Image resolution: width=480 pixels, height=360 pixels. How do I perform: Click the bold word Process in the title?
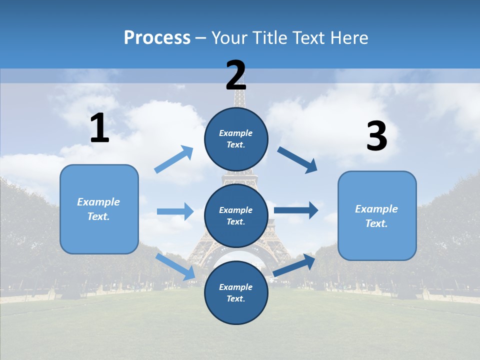(157, 37)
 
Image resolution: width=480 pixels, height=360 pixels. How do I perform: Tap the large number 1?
(99, 128)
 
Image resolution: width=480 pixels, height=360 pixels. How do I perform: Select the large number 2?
(236, 75)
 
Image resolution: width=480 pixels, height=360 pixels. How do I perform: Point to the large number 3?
(376, 136)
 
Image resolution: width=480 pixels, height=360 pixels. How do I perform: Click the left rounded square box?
(99, 209)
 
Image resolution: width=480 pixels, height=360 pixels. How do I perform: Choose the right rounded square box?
(377, 215)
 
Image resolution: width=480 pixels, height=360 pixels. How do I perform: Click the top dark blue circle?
(236, 139)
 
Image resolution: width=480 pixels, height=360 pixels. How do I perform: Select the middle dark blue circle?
(236, 215)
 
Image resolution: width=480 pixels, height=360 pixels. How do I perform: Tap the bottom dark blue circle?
(236, 292)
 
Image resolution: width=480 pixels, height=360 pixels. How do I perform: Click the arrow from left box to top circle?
(174, 159)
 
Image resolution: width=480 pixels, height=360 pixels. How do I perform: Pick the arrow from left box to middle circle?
(175, 211)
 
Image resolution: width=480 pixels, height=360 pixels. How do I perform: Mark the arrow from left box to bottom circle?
(175, 266)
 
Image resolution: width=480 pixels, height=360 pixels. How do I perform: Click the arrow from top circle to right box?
(297, 159)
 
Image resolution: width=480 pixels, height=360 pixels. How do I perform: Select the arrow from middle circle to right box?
(295, 210)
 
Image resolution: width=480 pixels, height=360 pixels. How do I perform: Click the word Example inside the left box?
(98, 202)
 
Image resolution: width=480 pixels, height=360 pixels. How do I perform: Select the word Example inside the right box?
(376, 209)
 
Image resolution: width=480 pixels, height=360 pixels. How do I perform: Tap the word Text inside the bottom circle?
(235, 298)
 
